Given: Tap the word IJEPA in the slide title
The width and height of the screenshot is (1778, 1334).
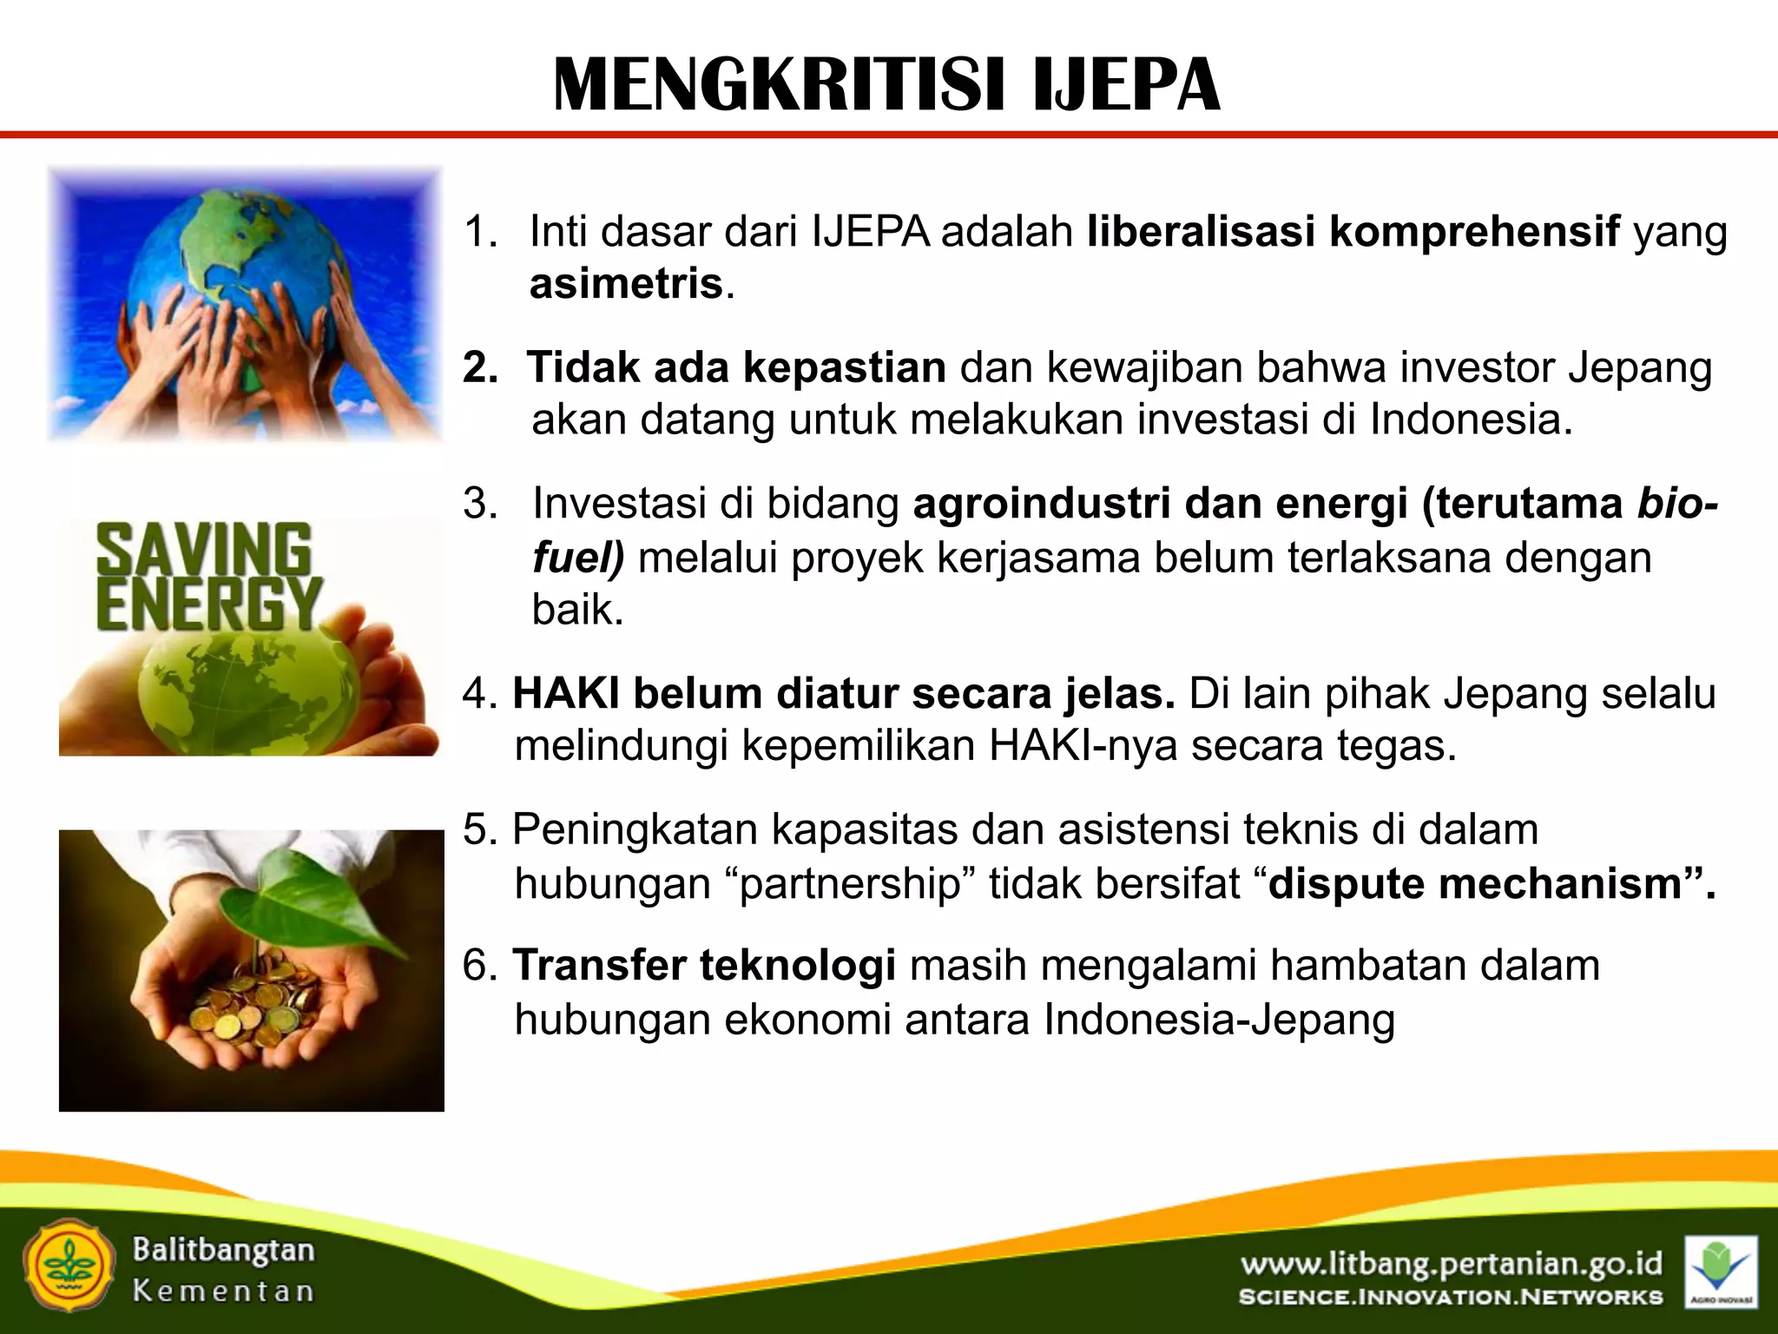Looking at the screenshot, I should coord(1127,85).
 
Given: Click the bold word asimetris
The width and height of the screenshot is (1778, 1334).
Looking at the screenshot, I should coord(626,284).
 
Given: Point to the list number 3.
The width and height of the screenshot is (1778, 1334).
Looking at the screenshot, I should coord(479,504).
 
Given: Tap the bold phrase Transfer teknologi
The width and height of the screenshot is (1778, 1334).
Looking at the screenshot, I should coord(703,966).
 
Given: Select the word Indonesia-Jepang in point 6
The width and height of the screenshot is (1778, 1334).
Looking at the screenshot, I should coord(1219,1020).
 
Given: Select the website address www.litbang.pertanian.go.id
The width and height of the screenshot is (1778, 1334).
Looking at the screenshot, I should coord(1451,1264).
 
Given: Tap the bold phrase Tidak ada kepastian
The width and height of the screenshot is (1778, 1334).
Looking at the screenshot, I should coord(736,367).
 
